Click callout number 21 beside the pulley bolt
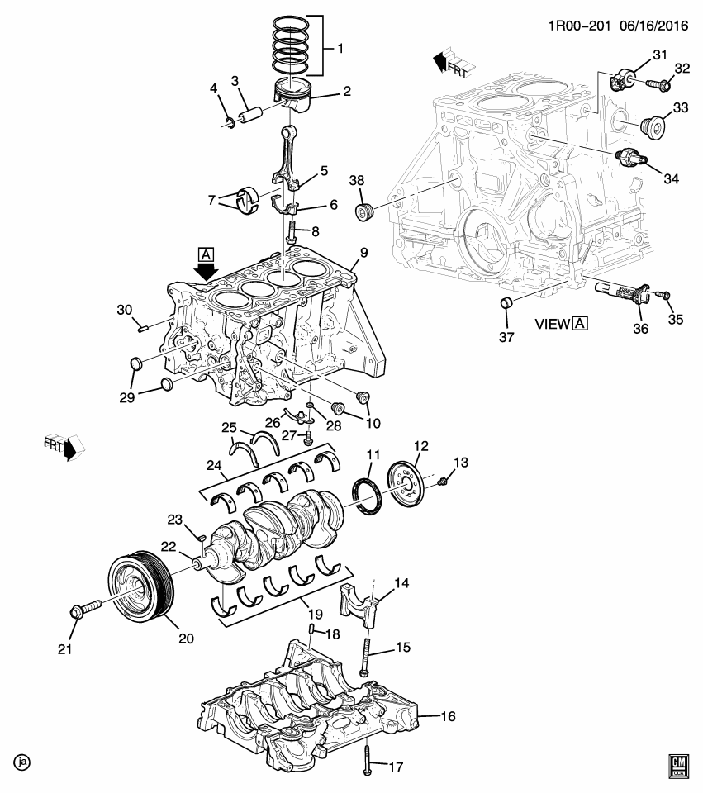point(64,649)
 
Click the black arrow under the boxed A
point(207,270)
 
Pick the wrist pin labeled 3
point(250,111)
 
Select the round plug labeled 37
point(507,306)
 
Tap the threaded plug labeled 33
point(653,127)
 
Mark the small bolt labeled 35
point(663,294)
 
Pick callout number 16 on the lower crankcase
point(447,716)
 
